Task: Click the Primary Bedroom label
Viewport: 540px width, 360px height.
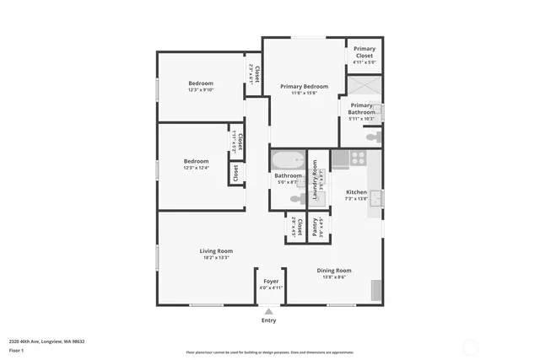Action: (304, 86)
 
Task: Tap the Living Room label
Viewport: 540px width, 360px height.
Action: (216, 250)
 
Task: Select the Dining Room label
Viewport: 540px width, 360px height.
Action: (334, 270)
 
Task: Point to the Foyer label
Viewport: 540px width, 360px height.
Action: (271, 281)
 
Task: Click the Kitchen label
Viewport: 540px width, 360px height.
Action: (357, 192)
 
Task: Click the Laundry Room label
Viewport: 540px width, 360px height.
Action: (315, 179)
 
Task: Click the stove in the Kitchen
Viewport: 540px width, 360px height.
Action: (357, 156)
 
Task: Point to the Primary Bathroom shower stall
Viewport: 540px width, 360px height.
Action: (364, 89)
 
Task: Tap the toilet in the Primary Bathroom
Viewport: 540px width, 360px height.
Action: (372, 137)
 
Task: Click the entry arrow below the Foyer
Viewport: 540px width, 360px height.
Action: (269, 311)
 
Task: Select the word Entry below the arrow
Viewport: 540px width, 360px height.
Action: (269, 320)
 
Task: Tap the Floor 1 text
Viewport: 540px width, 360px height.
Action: (17, 350)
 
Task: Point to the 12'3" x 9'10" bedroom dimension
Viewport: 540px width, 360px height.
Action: (201, 89)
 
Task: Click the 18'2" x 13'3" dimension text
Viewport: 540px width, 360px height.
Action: (216, 257)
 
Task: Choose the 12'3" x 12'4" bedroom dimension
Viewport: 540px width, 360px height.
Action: (197, 168)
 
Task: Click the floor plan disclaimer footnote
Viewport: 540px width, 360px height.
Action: (270, 352)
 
